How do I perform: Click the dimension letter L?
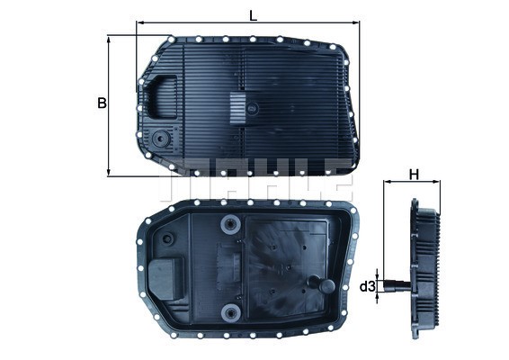click(253, 13)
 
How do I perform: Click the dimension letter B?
click(102, 103)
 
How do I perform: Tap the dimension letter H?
click(414, 174)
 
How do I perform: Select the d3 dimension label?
click(367, 287)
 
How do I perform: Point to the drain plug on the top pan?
click(161, 140)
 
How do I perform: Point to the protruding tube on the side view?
click(396, 287)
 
